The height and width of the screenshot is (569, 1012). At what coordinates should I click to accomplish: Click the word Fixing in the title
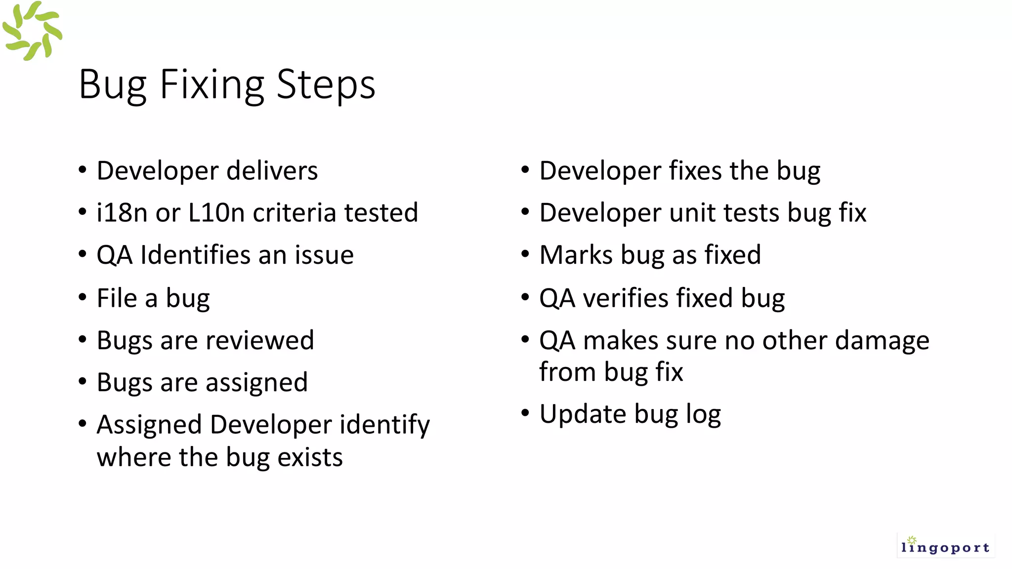[x=211, y=85]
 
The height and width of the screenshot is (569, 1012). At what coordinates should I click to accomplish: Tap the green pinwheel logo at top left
[x=32, y=31]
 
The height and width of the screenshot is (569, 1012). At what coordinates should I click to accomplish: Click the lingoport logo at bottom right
[x=945, y=546]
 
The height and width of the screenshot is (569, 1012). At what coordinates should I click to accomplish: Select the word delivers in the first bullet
[x=272, y=171]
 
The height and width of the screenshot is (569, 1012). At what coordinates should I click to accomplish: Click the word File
[x=117, y=298]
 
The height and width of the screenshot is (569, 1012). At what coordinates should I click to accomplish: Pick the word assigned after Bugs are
[x=256, y=383]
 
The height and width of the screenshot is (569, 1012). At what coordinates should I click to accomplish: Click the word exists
[x=310, y=457]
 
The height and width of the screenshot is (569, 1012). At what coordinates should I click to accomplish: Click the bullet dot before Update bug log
[x=525, y=412]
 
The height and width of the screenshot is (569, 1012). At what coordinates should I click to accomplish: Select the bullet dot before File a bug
[x=83, y=297]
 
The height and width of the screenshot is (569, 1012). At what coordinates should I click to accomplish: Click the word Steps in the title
[x=326, y=85]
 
